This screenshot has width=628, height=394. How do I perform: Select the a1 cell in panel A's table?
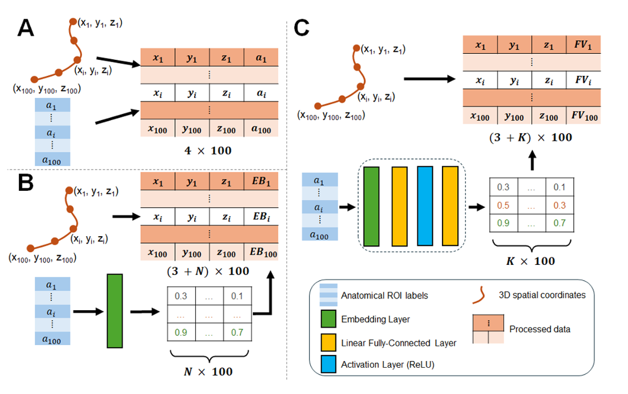(261, 58)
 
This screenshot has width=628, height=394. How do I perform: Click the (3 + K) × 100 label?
(530, 138)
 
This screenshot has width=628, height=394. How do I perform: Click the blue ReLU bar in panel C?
(425, 206)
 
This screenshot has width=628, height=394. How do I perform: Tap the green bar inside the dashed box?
(372, 206)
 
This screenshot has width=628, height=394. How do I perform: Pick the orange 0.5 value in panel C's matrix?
(504, 206)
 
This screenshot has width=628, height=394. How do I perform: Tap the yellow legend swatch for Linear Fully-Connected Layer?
(329, 342)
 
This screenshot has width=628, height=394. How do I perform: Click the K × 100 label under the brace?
(530, 261)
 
